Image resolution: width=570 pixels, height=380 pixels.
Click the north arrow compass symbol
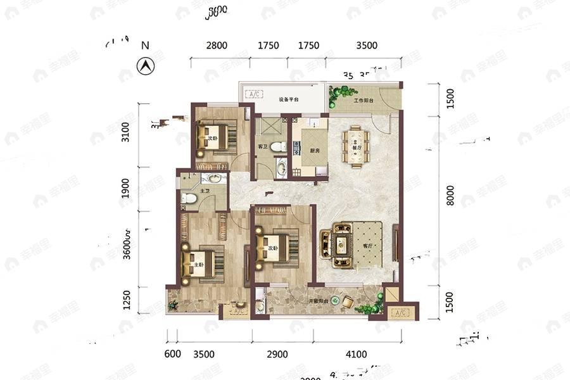(x=146, y=65)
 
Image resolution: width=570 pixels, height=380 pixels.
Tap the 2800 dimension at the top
(x=217, y=46)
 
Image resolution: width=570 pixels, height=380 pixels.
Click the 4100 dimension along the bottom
(x=357, y=354)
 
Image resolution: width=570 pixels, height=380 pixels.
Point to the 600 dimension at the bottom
(x=172, y=354)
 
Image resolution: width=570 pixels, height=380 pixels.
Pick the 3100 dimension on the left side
(x=125, y=134)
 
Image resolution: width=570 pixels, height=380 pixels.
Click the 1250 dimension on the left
(x=127, y=301)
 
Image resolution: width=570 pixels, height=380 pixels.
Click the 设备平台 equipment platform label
(x=289, y=100)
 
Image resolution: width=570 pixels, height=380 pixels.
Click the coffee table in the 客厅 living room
(x=343, y=243)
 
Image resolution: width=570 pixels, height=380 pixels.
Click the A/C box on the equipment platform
(x=255, y=94)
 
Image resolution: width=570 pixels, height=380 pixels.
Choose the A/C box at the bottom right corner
(x=400, y=313)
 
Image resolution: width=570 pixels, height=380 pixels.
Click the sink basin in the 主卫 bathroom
(x=215, y=178)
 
